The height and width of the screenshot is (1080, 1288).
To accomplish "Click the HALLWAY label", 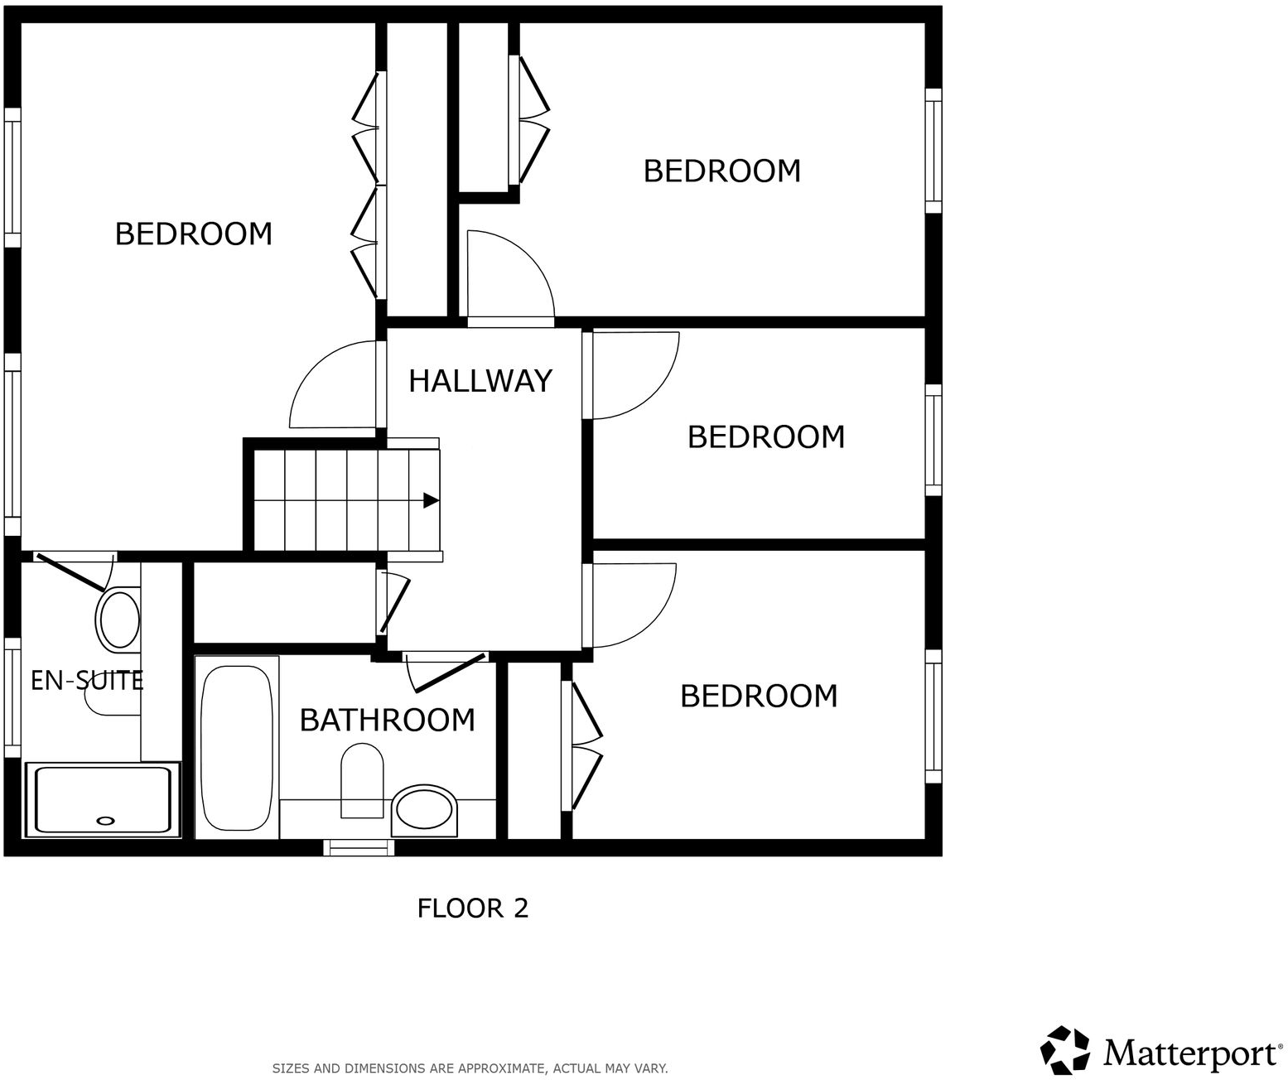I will (480, 380).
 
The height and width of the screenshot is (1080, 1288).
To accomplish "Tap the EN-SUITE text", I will (87, 681).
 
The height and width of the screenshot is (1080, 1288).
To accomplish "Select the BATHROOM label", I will (387, 720).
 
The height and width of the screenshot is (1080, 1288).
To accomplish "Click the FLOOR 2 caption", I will (472, 909).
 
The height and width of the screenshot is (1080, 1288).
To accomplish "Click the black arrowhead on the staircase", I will (431, 500).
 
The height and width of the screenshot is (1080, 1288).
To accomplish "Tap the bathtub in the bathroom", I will (237, 748).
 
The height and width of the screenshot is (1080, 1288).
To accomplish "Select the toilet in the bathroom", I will (362, 779).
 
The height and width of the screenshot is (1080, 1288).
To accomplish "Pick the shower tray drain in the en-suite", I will (105, 820).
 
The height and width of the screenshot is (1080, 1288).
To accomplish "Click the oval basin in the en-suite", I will (119, 618).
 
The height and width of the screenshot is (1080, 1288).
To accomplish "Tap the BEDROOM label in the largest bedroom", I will (193, 234).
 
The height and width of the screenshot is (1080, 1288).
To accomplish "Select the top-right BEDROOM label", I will (721, 171).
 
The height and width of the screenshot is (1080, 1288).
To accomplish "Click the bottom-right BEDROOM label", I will (759, 697).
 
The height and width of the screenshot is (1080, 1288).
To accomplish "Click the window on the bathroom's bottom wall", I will (358, 847).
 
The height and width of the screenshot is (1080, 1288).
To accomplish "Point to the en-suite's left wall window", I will (12, 697).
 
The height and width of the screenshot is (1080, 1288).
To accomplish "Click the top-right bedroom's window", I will (933, 151).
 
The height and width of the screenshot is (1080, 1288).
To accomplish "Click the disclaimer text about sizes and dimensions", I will (470, 1068).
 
